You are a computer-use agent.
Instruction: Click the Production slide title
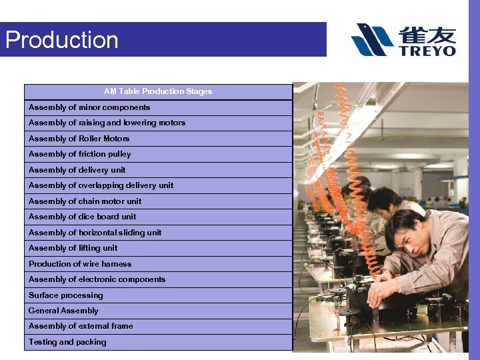[62, 40]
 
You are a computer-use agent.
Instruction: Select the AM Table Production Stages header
[158, 91]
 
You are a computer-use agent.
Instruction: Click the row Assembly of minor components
[89, 107]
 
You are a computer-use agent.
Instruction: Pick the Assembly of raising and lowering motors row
[107, 123]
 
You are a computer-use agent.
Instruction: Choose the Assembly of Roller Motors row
[79, 139]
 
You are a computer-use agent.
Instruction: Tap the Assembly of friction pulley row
[80, 154]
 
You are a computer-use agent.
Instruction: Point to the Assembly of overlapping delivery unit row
[101, 185]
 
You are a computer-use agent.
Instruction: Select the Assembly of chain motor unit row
[85, 201]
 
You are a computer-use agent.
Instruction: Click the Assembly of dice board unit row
[82, 217]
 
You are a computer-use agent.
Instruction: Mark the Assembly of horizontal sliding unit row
[95, 233]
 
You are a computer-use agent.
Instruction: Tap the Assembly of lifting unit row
[73, 248]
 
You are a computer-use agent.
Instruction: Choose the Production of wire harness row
[80, 264]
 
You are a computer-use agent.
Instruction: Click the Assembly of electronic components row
[97, 279]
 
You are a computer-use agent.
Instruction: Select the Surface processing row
[65, 295]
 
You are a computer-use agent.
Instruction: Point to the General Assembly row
[63, 311]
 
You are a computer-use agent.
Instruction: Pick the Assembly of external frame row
[81, 326]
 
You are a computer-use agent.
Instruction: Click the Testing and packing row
[67, 342]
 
